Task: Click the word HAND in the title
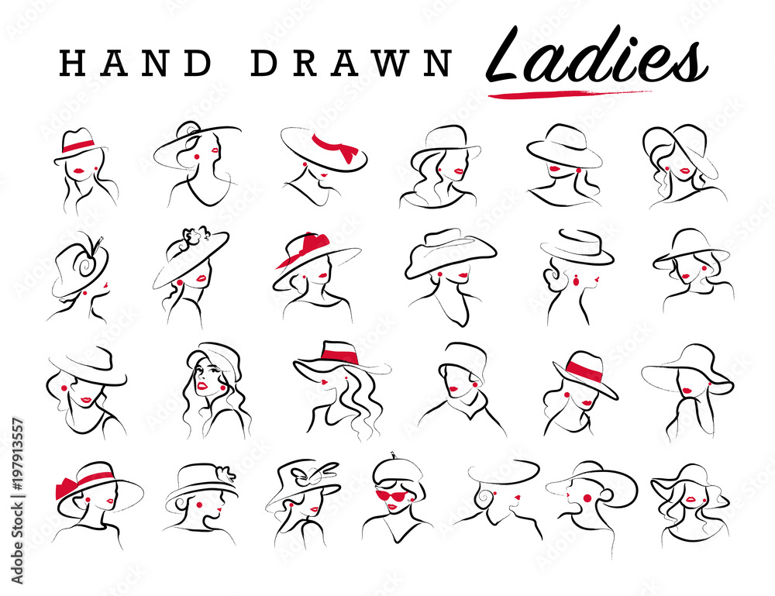pyautogui.click(x=136, y=64)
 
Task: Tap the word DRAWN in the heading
pyautogui.click(x=351, y=64)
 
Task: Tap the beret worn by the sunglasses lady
pyautogui.click(x=395, y=470)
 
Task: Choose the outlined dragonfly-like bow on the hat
pyautogui.click(x=318, y=473)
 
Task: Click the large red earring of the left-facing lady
pyautogui.click(x=587, y=498)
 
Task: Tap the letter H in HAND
pyautogui.click(x=71, y=64)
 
